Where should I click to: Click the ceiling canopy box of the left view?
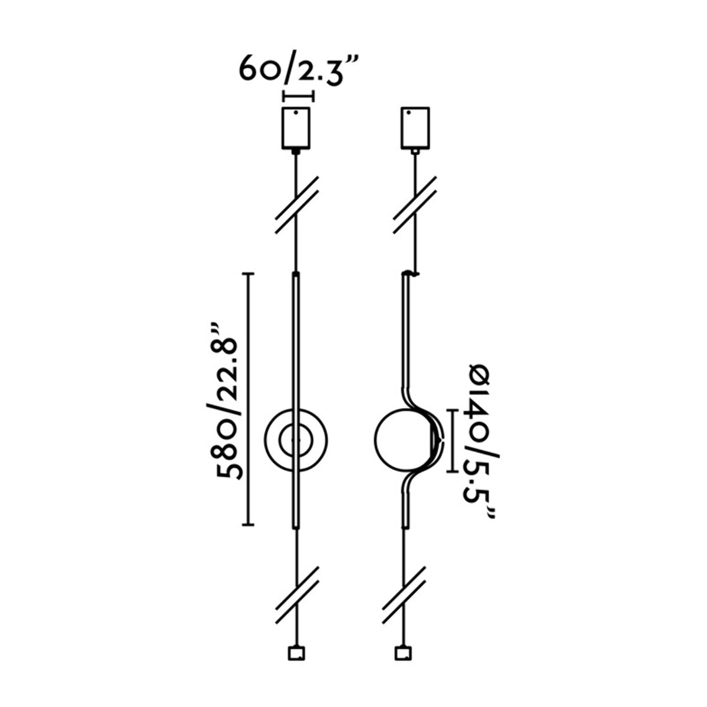tap(298, 127)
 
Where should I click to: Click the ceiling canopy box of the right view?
tap(416, 127)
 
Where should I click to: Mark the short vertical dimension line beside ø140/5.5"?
tap(452, 441)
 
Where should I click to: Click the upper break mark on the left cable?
tap(297, 204)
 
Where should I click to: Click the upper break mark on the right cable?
tap(415, 204)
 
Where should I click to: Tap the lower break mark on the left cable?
tap(297, 596)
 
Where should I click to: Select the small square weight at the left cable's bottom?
tap(296, 653)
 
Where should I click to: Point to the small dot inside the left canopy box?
tap(298, 112)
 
